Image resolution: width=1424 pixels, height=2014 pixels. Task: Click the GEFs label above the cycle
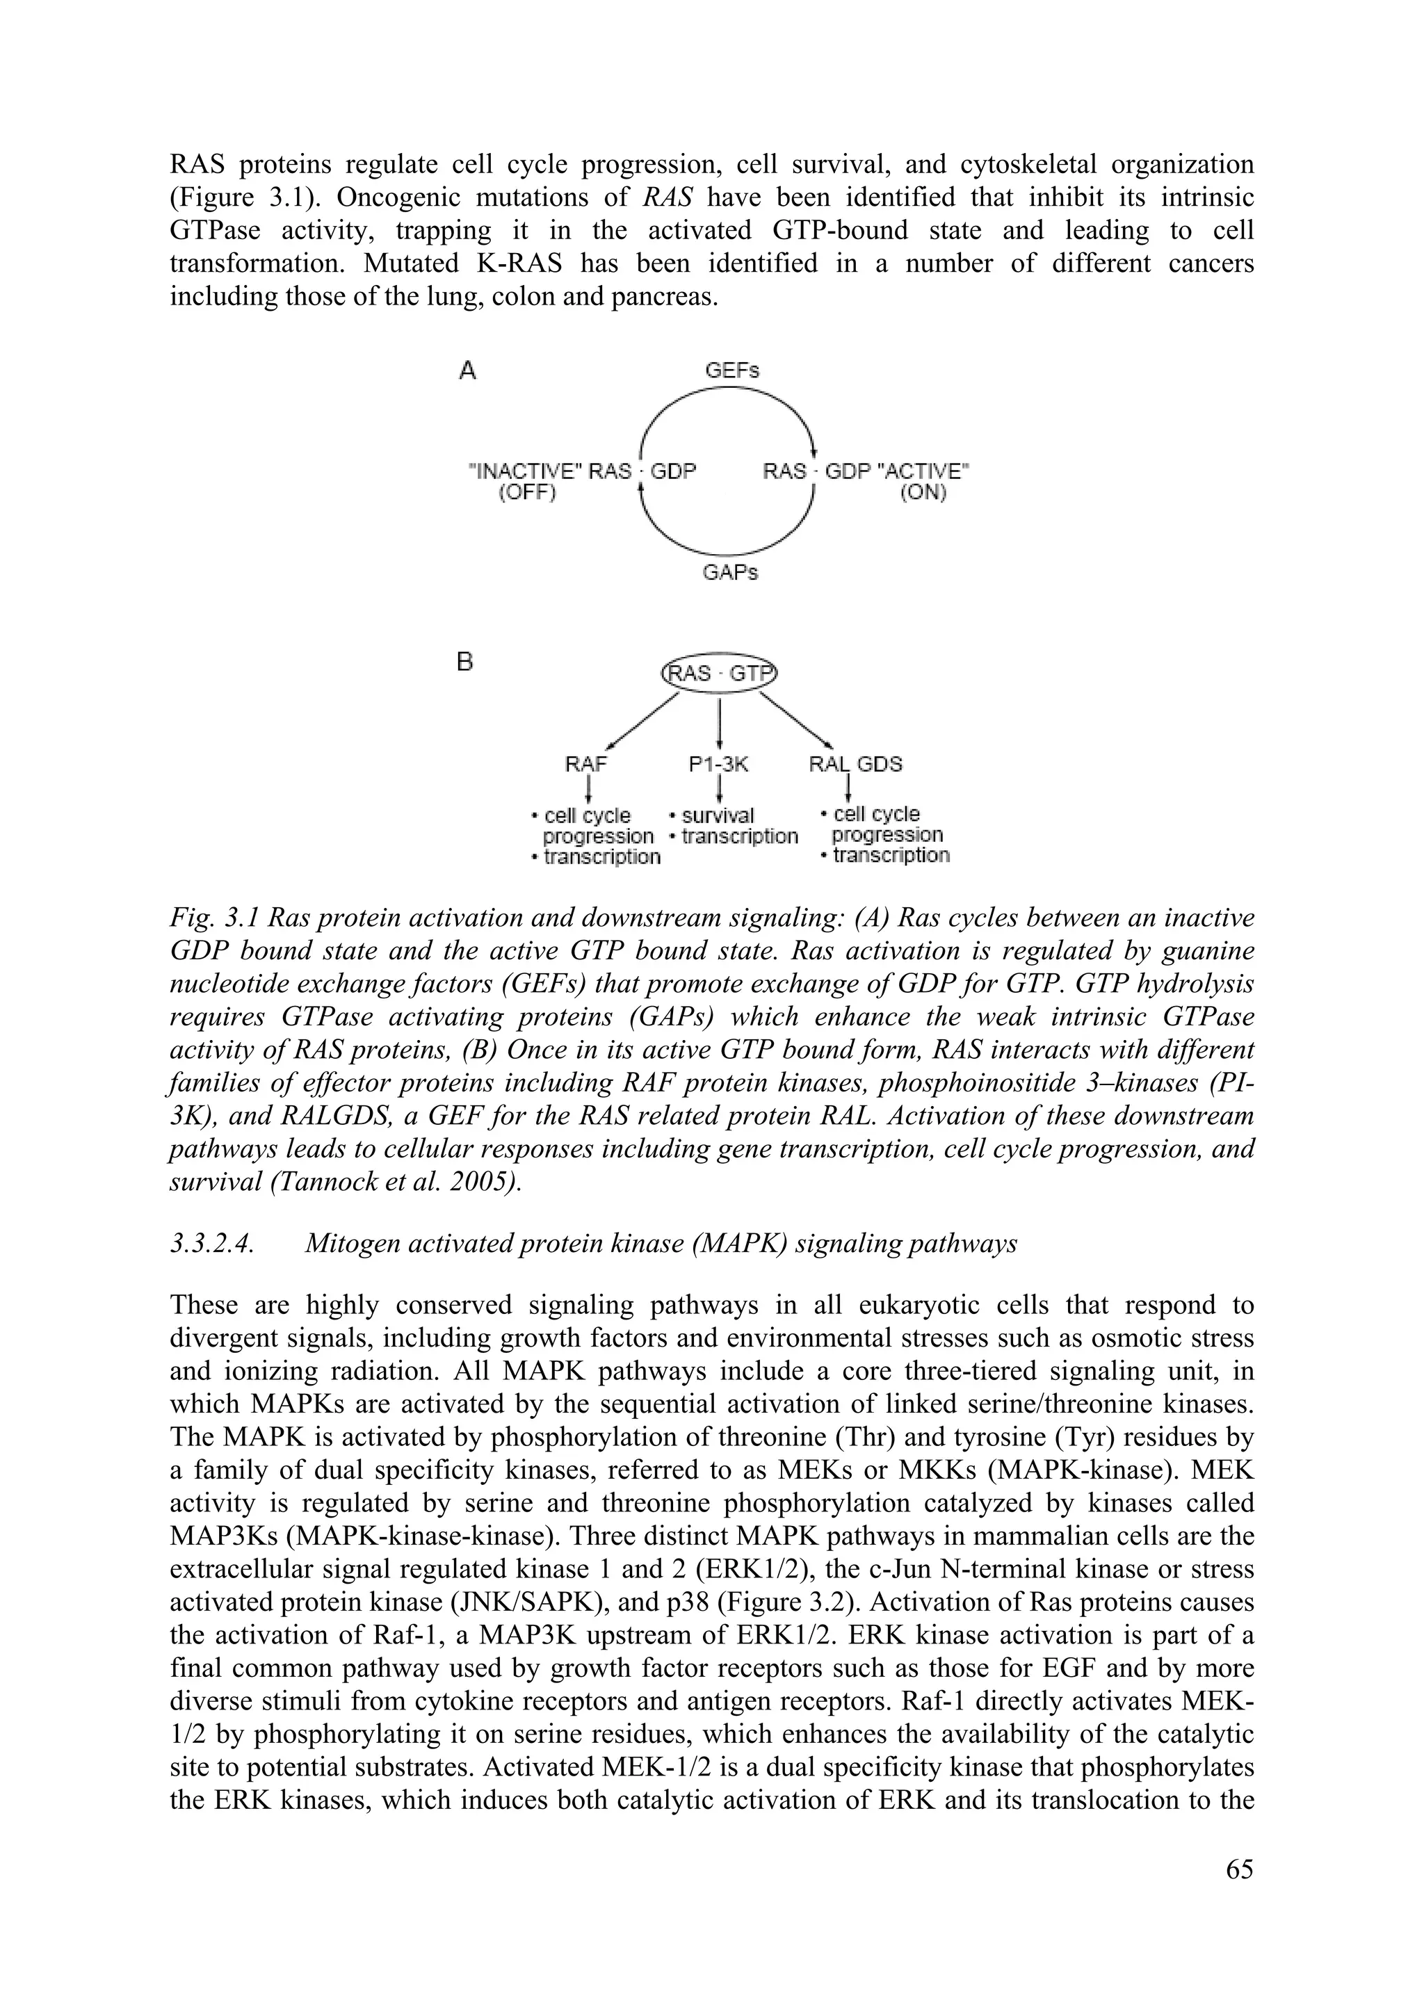coord(731,370)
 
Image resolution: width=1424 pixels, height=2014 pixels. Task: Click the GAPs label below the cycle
coord(730,573)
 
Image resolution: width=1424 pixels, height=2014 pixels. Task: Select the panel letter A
coord(468,372)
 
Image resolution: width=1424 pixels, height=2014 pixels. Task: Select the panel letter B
coord(466,663)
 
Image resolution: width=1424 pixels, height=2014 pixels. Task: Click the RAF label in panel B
coord(586,763)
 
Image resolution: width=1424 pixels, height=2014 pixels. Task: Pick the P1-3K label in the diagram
coord(718,763)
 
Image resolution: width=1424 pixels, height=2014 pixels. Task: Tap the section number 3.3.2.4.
coord(211,1244)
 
